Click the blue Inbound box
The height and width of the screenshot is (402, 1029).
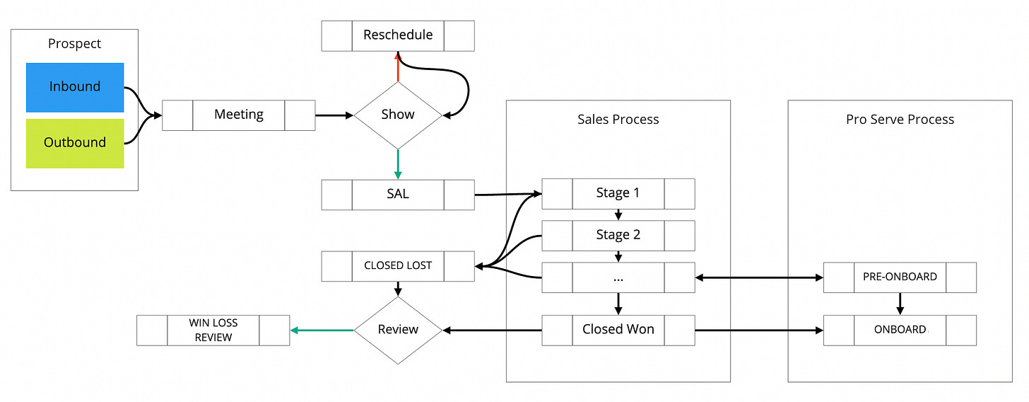click(x=75, y=87)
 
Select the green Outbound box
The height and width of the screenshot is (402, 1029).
click(x=75, y=144)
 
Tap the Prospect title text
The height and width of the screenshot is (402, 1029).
click(x=74, y=43)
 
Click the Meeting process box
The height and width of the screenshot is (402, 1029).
click(x=238, y=115)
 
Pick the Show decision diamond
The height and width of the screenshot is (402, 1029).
click(x=398, y=115)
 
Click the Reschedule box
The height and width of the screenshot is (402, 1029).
click(x=398, y=36)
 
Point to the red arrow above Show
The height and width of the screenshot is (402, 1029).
click(x=398, y=67)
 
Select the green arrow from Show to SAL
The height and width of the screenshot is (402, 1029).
click(x=398, y=164)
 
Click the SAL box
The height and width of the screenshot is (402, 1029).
click(x=398, y=195)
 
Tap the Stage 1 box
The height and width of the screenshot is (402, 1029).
click(x=618, y=194)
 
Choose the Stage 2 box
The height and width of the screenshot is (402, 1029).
click(x=618, y=236)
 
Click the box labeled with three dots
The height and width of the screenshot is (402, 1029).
click(x=618, y=277)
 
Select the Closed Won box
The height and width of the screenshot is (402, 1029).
click(x=618, y=331)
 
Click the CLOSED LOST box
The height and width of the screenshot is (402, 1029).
click(x=398, y=266)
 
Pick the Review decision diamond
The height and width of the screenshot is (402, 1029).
click(x=398, y=331)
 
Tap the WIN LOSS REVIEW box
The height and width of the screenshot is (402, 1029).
click(x=213, y=331)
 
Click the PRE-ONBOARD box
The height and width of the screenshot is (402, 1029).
click(x=900, y=277)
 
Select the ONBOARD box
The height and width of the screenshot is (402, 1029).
click(x=900, y=331)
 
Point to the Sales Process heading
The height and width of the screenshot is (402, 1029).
click(x=618, y=120)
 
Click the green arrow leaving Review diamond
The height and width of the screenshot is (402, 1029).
click(x=322, y=331)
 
